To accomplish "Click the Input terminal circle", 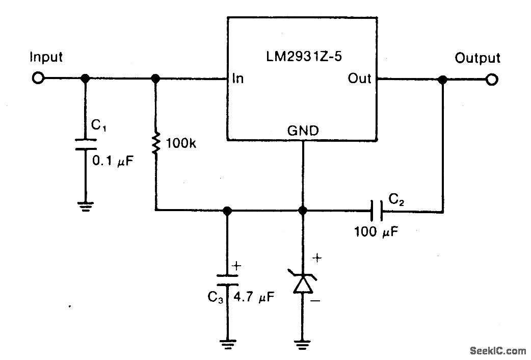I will [x=38, y=79].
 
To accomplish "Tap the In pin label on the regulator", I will [x=237, y=79].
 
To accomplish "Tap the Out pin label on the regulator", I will [x=359, y=79].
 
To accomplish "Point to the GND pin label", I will [x=303, y=131].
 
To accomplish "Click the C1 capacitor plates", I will [x=85, y=144].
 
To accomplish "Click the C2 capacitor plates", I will [x=377, y=210].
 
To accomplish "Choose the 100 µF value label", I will [x=377, y=232].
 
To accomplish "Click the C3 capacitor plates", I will [x=227, y=279].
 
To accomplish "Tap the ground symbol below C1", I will [x=85, y=206].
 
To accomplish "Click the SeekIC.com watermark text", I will [x=497, y=350].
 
